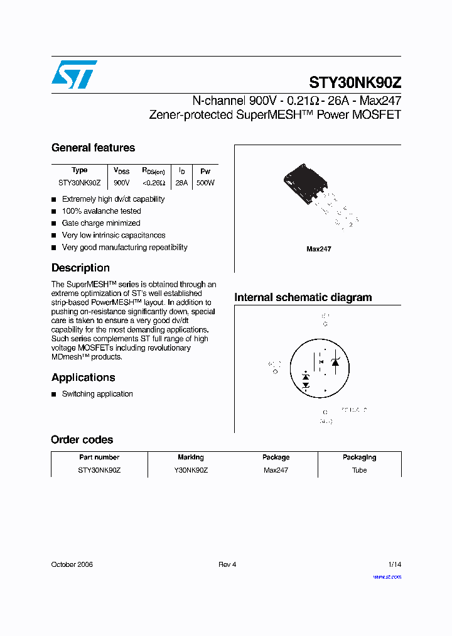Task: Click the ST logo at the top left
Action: point(74,75)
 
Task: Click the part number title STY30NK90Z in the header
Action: point(355,83)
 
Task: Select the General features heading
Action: point(93,148)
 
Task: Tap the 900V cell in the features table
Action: point(121,183)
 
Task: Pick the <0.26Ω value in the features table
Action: point(153,183)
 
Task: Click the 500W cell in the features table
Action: point(205,183)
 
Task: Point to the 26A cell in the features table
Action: point(181,183)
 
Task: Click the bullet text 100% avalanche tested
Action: point(101,211)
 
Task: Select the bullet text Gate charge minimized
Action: point(101,223)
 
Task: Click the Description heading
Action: point(80,268)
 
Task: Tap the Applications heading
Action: point(83,377)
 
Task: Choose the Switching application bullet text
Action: point(97,394)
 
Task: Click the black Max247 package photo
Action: point(308,186)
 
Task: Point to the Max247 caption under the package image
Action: point(318,249)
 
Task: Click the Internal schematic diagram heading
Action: point(303,297)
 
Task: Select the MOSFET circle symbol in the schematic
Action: point(319,369)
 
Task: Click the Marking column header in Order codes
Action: point(190,458)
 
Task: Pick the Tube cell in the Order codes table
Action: point(359,470)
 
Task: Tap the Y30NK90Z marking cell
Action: point(190,470)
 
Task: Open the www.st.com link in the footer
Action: point(387,577)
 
